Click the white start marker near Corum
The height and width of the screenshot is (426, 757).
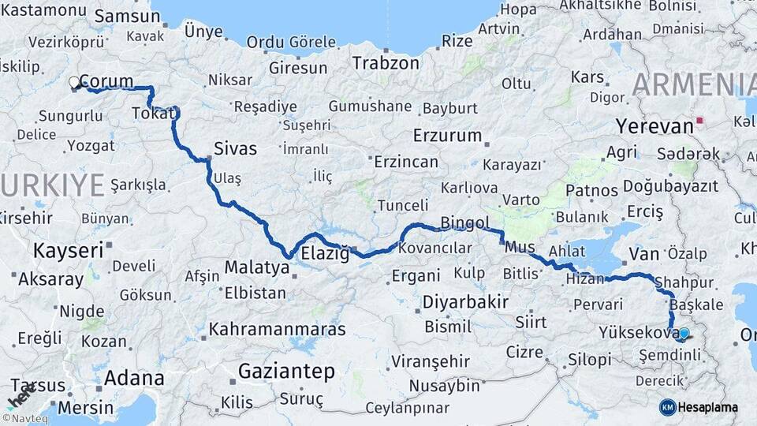coord(74,82)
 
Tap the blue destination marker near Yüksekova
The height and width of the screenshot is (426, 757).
coord(684,334)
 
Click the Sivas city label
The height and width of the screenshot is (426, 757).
coord(236,148)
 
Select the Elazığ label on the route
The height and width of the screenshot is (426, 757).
coord(325,254)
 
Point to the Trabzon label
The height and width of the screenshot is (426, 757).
coord(386,63)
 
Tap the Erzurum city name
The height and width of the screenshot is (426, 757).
coord(447,135)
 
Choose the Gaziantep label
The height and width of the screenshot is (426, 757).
coord(286,371)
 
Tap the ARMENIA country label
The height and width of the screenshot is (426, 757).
coord(694,84)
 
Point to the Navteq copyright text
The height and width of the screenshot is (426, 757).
coord(24,418)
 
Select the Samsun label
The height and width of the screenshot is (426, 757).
coord(128,17)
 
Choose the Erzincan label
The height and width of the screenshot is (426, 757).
coord(405,162)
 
